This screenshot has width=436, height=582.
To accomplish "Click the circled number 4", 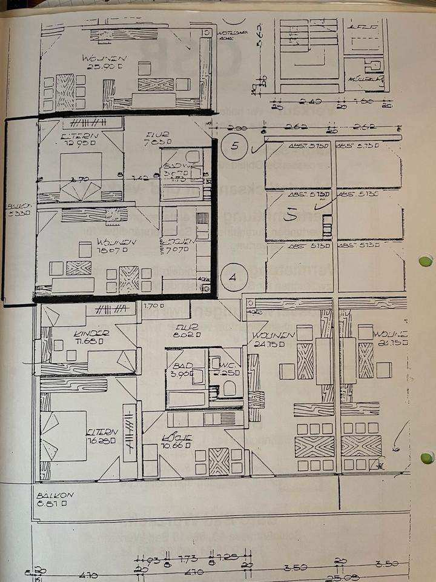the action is tap(233, 277).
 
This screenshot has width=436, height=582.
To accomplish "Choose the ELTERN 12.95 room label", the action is tap(79, 141).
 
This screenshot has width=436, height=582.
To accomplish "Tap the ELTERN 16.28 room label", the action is tap(101, 435).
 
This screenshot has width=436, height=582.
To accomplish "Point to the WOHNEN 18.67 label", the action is tap(111, 246).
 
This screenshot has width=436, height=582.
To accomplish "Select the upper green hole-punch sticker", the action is tap(426, 261).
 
